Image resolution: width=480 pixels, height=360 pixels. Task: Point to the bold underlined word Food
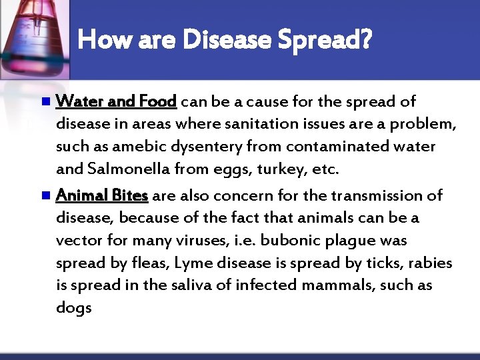pyautogui.click(x=159, y=101)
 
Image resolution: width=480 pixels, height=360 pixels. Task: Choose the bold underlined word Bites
pyautogui.click(x=129, y=195)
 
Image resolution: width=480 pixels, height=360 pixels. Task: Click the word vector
pyautogui.click(x=76, y=241)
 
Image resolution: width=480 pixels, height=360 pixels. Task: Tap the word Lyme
pyautogui.click(x=190, y=263)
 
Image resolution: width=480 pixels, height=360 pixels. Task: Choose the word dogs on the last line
pyautogui.click(x=73, y=309)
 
